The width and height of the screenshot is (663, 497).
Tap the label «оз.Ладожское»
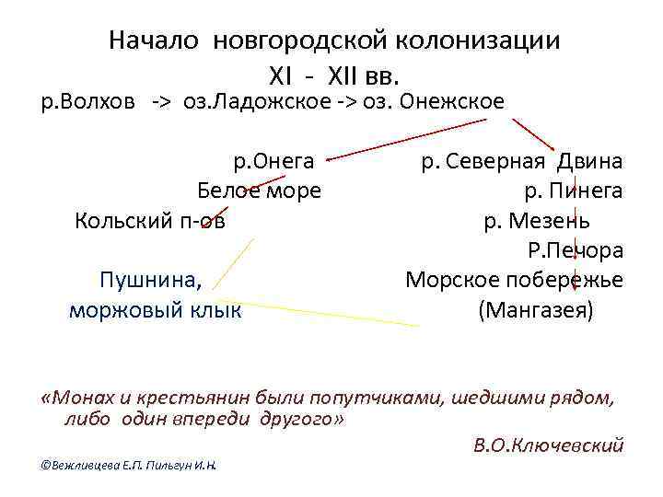pyautogui.click(x=246, y=100)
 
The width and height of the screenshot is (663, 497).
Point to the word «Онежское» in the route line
pyautogui.click(x=451, y=100)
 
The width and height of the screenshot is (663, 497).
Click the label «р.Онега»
pyautogui.click(x=273, y=162)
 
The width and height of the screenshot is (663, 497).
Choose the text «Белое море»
pyautogui.click(x=260, y=191)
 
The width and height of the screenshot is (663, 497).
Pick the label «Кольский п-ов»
pyautogui.click(x=149, y=221)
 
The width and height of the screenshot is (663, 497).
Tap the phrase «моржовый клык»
pyautogui.click(x=156, y=310)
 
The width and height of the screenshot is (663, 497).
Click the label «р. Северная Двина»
pyautogui.click(x=521, y=162)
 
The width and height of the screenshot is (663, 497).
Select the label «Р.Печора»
pyautogui.click(x=575, y=250)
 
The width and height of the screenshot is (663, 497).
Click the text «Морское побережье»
pyautogui.click(x=514, y=280)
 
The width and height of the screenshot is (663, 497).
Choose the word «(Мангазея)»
pyautogui.click(x=536, y=310)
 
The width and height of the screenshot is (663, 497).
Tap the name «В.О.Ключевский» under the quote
pyautogui.click(x=548, y=445)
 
